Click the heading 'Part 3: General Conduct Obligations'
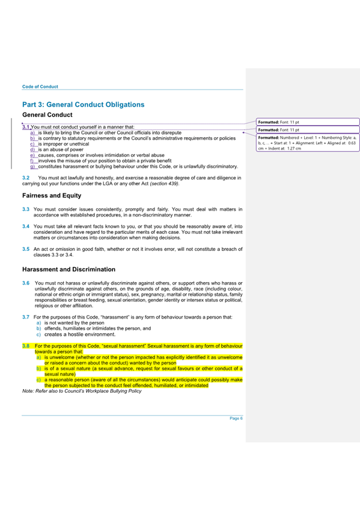83,104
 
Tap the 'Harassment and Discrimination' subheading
69,269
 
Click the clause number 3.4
26,226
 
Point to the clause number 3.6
26,282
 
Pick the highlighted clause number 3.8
26,346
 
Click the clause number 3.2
26,178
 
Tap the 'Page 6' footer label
236,418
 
